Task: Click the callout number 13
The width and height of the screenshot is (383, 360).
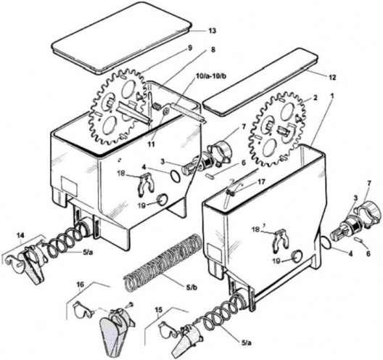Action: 211,32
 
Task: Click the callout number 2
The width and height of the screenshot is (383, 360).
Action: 316,98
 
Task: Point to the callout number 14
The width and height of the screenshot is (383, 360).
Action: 20,235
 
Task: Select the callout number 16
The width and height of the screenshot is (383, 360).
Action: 81,285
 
